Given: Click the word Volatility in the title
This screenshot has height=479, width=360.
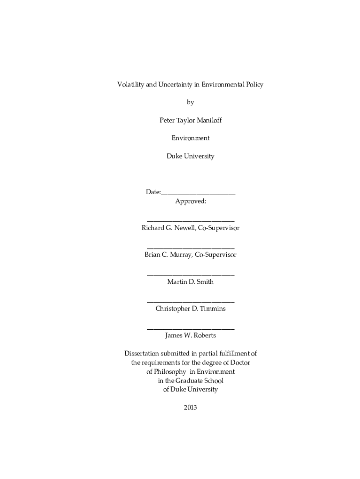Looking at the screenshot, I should (x=130, y=85).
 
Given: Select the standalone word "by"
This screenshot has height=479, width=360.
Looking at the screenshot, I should (x=190, y=102).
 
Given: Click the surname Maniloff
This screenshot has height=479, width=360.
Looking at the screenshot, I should (x=209, y=120).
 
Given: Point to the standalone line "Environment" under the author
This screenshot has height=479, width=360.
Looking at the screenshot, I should (x=190, y=138).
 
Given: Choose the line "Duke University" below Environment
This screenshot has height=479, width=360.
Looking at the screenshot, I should (x=190, y=156).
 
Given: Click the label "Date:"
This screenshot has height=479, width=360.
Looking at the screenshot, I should (x=153, y=192).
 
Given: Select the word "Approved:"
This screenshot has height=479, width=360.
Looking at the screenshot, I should (x=190, y=201).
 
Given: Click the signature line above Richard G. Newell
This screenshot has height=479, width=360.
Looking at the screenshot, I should (x=190, y=220).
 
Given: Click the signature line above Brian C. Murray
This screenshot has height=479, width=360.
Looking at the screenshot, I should (x=190, y=247).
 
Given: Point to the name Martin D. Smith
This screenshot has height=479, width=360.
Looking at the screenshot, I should (x=190, y=282).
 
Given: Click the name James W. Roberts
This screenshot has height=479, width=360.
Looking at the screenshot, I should (x=190, y=335).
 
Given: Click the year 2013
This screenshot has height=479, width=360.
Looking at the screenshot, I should (x=190, y=407).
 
